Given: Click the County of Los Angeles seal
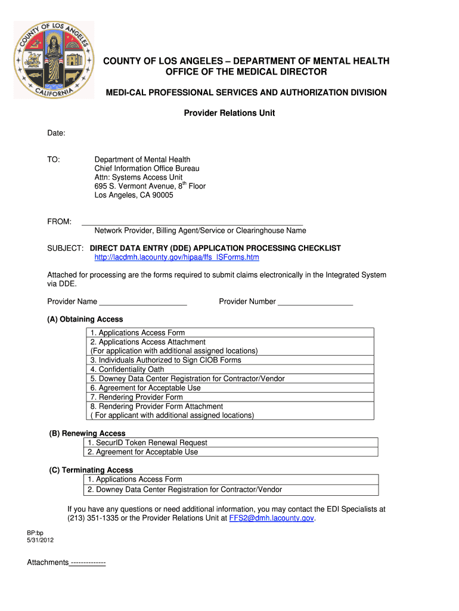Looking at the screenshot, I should pyautogui.click(x=54, y=60).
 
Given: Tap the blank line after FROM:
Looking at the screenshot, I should pyautogui.click(x=192, y=221).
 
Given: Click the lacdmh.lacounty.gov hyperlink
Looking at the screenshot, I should pyautogui.click(x=176, y=257).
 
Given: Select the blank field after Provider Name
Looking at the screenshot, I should pyautogui.click(x=143, y=301).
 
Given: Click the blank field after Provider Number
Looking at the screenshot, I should pyautogui.click(x=315, y=301).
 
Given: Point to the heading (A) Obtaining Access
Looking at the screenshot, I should pyautogui.click(x=85, y=319).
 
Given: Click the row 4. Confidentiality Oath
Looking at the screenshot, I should pyautogui.click(x=127, y=369).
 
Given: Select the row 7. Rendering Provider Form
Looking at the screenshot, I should pyautogui.click(x=137, y=397).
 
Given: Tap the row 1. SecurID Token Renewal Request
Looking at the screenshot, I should pyautogui.click(x=147, y=443).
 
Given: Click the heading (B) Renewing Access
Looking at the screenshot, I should pyautogui.click(x=87, y=433).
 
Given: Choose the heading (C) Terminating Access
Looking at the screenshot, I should pyautogui.click(x=91, y=470).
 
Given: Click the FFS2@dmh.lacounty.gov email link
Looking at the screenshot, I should pyautogui.click(x=271, y=519).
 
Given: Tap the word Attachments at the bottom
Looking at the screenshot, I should pyautogui.click(x=48, y=563).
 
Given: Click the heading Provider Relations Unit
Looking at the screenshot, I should pyautogui.click(x=229, y=113).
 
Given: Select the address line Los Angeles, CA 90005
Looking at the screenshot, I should pyautogui.click(x=134, y=195).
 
